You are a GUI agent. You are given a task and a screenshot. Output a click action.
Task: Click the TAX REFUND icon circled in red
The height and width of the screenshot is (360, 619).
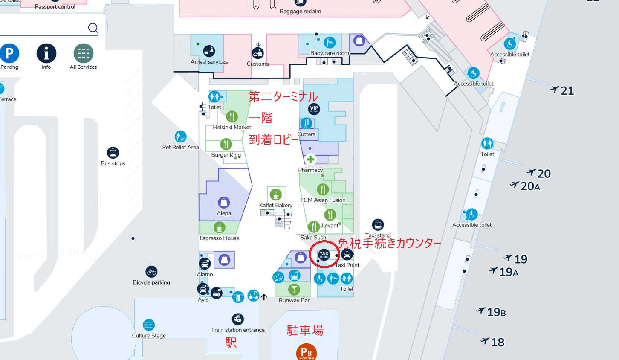click(324, 255)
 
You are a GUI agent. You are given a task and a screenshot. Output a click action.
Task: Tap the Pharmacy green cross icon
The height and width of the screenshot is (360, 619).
click(310, 160)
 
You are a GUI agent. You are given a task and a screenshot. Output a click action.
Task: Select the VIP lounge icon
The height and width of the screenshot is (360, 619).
click(314, 109)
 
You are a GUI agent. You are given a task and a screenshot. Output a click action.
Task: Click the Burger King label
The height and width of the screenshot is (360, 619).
click(226, 155)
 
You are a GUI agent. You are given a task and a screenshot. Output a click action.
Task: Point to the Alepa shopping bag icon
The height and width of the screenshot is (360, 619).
click(223, 202)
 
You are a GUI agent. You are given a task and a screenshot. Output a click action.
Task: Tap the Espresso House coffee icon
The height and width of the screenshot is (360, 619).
click(220, 227)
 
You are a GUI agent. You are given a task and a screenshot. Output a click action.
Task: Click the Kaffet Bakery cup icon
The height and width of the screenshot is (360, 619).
click(276, 195)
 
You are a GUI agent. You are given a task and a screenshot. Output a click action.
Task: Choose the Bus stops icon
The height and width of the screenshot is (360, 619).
click(113, 153)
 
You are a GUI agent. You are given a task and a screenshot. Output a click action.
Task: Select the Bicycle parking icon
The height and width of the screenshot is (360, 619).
click(151, 272)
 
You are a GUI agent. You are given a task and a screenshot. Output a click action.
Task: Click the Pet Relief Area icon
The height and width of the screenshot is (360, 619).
click(180, 136)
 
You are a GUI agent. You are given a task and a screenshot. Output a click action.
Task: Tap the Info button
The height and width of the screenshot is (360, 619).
click(46, 54)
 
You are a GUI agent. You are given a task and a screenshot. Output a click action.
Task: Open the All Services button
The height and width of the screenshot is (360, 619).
click(83, 54)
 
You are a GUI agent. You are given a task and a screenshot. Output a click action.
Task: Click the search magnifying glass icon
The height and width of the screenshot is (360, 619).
click(93, 28)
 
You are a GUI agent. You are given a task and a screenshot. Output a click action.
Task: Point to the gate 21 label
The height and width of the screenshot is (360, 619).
click(562, 90)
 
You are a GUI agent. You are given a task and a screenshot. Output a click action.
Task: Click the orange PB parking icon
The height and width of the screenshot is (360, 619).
click(307, 352)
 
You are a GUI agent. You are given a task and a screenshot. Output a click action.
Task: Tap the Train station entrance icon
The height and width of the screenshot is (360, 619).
click(237, 319)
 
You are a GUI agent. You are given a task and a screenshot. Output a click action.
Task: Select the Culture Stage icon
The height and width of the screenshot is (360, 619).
click(149, 325)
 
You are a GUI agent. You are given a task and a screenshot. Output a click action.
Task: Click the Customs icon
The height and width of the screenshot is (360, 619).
click(257, 53)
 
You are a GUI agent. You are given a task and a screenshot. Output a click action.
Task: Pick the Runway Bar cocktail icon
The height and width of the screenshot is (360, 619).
click(294, 290)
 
